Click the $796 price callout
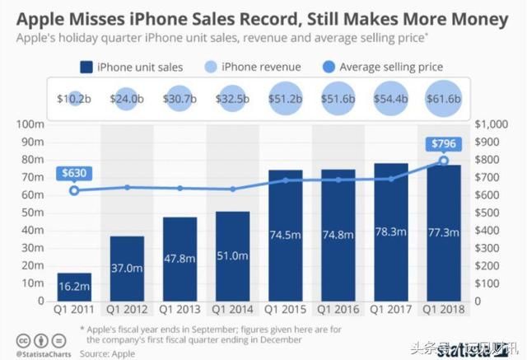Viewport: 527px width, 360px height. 444,143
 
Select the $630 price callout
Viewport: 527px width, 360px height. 75,173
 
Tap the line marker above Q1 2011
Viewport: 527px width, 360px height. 75,190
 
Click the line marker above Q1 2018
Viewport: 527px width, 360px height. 444,160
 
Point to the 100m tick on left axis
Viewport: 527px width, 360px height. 30,124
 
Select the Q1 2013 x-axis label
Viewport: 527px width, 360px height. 180,310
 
